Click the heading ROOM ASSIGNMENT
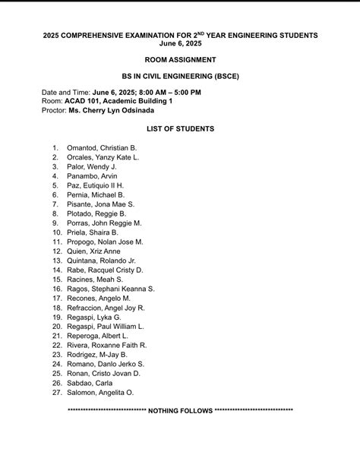(180, 59)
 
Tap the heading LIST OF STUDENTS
(180, 129)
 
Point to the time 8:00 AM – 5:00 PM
(165, 92)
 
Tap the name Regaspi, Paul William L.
(105, 327)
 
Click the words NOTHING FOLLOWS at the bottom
(181, 411)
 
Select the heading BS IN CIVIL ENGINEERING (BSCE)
(180, 77)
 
